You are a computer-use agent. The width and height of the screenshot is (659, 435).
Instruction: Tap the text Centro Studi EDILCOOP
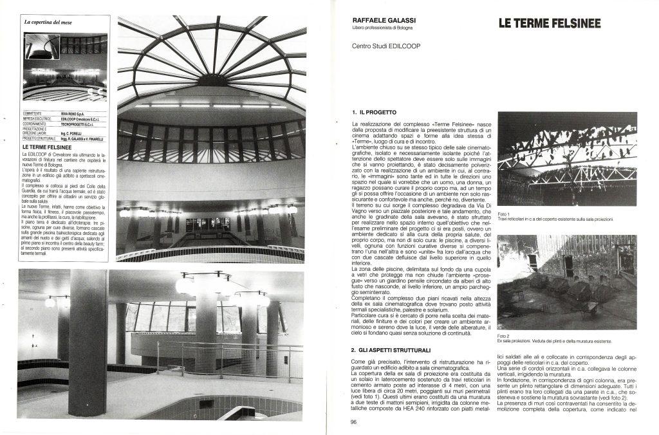[383, 46]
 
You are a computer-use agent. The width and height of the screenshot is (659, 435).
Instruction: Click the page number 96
[354, 422]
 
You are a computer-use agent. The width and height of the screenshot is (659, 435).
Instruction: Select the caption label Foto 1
[504, 214]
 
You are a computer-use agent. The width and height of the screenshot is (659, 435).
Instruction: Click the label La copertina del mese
[46, 23]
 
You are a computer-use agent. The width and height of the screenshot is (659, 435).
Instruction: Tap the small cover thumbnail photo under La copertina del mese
[64, 66]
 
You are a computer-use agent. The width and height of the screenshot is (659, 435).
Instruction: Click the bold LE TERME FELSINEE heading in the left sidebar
[46, 147]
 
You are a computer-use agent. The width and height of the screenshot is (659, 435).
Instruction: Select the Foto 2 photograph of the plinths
[567, 282]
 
